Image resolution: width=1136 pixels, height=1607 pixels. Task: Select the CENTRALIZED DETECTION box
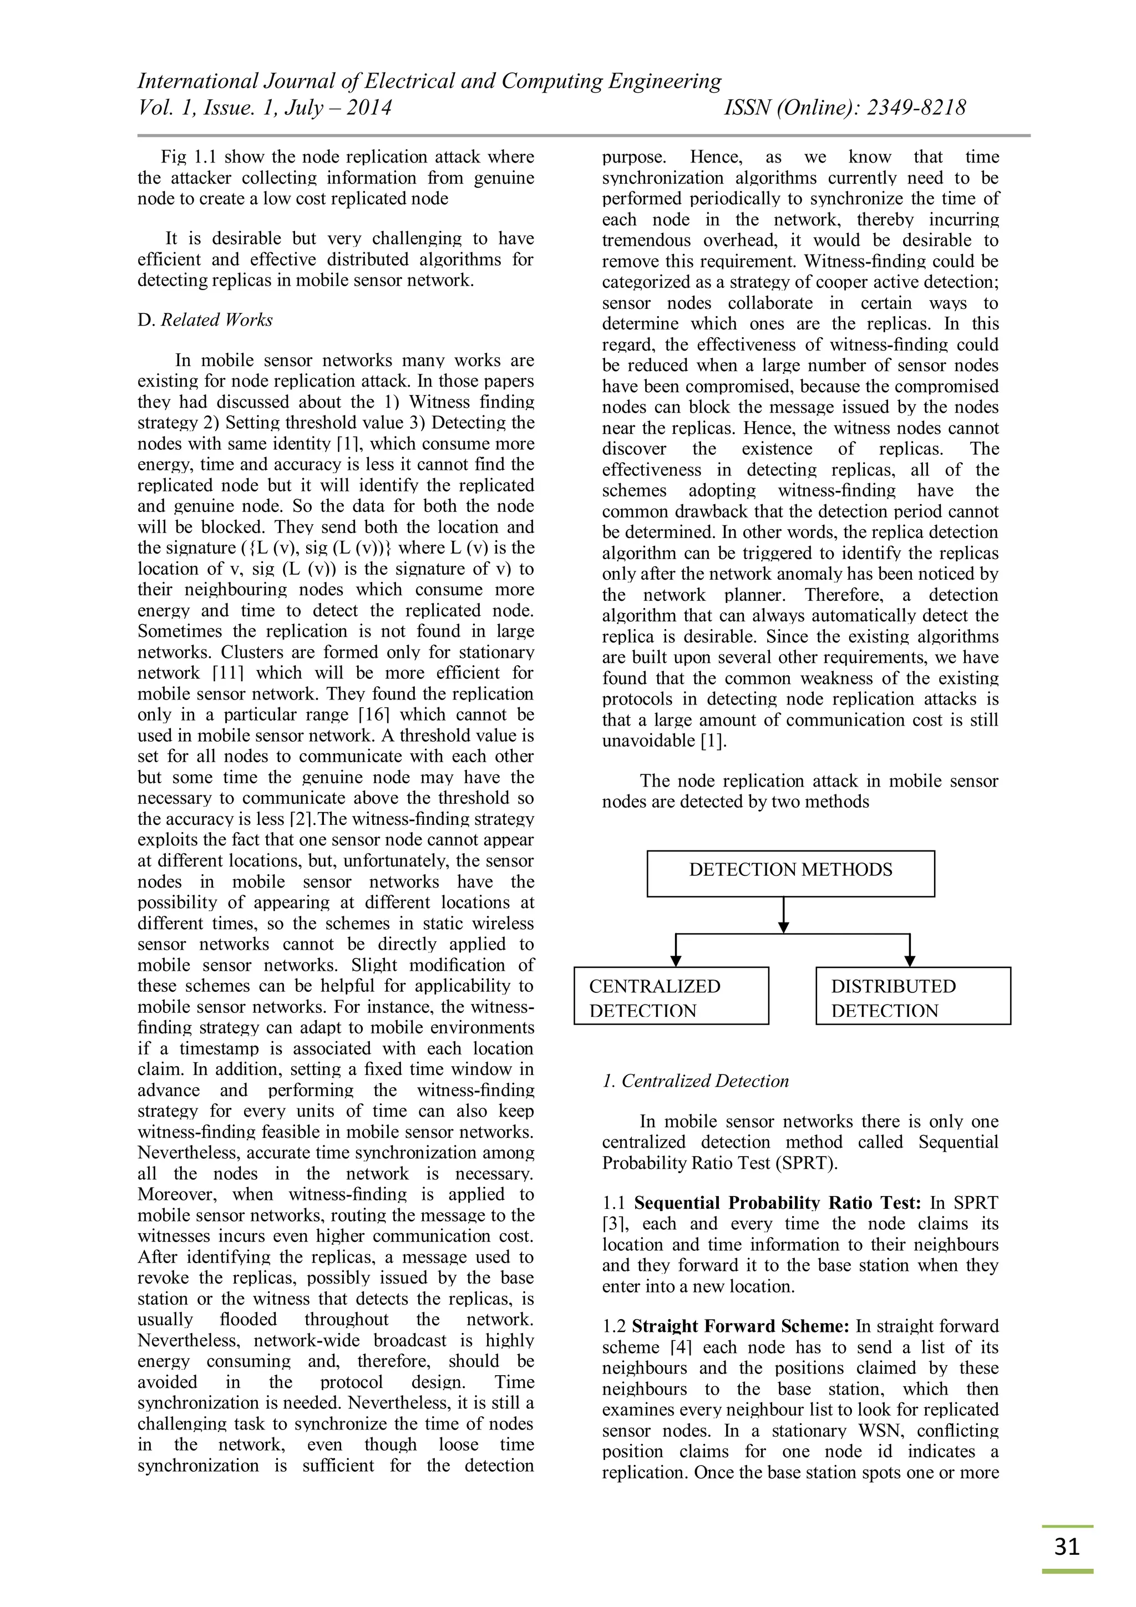(x=671, y=995)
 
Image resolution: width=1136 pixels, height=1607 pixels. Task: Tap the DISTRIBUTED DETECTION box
(x=912, y=995)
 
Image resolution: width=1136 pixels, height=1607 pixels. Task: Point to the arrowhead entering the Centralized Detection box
(x=676, y=960)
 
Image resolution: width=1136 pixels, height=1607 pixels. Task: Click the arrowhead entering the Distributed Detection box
(x=909, y=960)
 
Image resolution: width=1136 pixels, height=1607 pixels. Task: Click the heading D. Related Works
(x=205, y=320)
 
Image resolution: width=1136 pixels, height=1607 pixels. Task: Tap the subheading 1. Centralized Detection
(x=695, y=1081)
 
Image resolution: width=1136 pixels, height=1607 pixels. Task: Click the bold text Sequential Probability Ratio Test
(x=777, y=1203)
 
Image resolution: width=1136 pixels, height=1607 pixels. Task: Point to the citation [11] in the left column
(x=227, y=673)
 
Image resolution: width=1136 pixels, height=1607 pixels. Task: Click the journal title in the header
(x=429, y=81)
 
